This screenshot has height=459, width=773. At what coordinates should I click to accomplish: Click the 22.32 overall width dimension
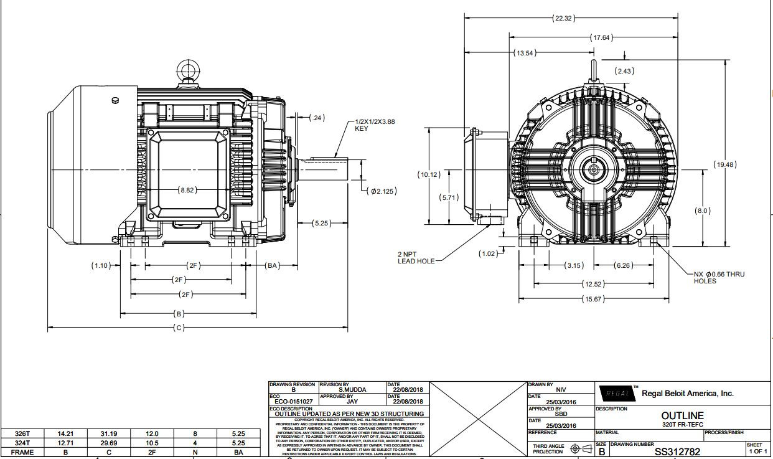coord(563,18)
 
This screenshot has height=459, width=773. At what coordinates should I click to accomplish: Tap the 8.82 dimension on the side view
coord(187,189)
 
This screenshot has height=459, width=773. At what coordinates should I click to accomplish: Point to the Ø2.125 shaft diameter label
coord(383,191)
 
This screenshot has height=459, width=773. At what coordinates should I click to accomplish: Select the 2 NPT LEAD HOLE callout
coord(416,258)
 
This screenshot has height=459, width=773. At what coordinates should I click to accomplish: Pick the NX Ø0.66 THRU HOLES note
coord(719,277)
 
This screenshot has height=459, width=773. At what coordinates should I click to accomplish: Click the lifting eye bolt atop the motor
coord(187,70)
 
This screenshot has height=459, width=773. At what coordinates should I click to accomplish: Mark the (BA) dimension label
coord(272,265)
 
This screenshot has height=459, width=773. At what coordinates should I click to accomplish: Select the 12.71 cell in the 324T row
coord(65,443)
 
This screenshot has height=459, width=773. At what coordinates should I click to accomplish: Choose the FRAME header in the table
coord(22,453)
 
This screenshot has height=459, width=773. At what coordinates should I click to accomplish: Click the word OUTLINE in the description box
coord(682,415)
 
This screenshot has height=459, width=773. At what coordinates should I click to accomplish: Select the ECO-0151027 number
coord(293,402)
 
